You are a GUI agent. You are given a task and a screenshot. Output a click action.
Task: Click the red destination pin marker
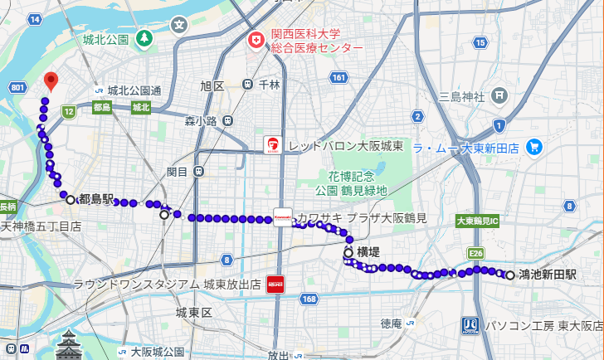click(x=51, y=80)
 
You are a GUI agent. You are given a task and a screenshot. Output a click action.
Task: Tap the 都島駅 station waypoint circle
click(x=71, y=199)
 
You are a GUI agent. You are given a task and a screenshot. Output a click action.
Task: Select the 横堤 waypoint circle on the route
click(x=348, y=251)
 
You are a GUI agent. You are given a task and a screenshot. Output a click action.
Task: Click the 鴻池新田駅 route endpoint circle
click(x=509, y=275)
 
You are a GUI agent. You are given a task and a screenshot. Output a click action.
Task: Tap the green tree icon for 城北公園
click(x=144, y=38)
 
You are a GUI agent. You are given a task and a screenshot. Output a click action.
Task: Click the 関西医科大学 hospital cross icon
click(x=256, y=40)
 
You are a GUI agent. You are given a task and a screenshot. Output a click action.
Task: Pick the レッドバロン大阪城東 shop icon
click(x=272, y=145)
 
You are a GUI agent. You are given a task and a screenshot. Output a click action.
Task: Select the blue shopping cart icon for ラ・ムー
click(x=534, y=148)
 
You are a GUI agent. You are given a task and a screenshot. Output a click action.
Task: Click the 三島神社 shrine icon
click(x=499, y=95)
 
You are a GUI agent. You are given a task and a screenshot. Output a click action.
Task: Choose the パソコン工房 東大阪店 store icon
click(x=470, y=325)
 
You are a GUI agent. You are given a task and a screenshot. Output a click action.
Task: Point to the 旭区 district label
click(x=212, y=85)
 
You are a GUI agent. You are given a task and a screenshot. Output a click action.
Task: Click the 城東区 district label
click(x=195, y=313)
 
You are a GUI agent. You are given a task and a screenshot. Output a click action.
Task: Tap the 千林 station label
click(x=269, y=85)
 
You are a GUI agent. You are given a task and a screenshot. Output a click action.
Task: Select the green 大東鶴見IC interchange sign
click(x=476, y=221)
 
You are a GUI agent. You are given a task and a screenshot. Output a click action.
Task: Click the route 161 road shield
click(x=338, y=77)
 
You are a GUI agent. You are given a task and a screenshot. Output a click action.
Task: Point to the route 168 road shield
click(x=309, y=299)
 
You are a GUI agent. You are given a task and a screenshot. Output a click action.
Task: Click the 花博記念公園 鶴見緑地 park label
click(x=357, y=183)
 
